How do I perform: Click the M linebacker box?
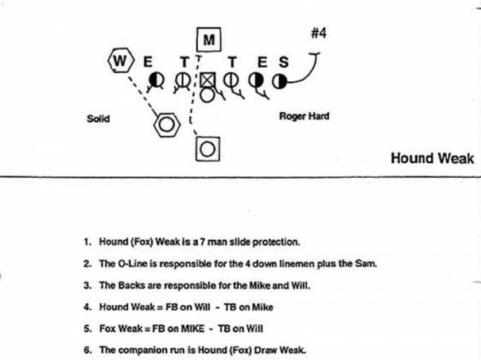pyautogui.click(x=208, y=39)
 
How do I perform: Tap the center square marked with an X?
pyautogui.click(x=208, y=80)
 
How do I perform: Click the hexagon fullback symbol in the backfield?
pyautogui.click(x=167, y=124)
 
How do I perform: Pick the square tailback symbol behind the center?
pyautogui.click(x=208, y=147)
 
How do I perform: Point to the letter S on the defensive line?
pyautogui.click(x=283, y=60)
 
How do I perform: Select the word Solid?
pyautogui.click(x=98, y=119)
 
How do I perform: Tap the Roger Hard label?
pyautogui.click(x=304, y=117)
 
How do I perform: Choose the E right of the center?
pyautogui.click(x=258, y=60)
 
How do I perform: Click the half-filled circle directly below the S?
pyautogui.click(x=279, y=80)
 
